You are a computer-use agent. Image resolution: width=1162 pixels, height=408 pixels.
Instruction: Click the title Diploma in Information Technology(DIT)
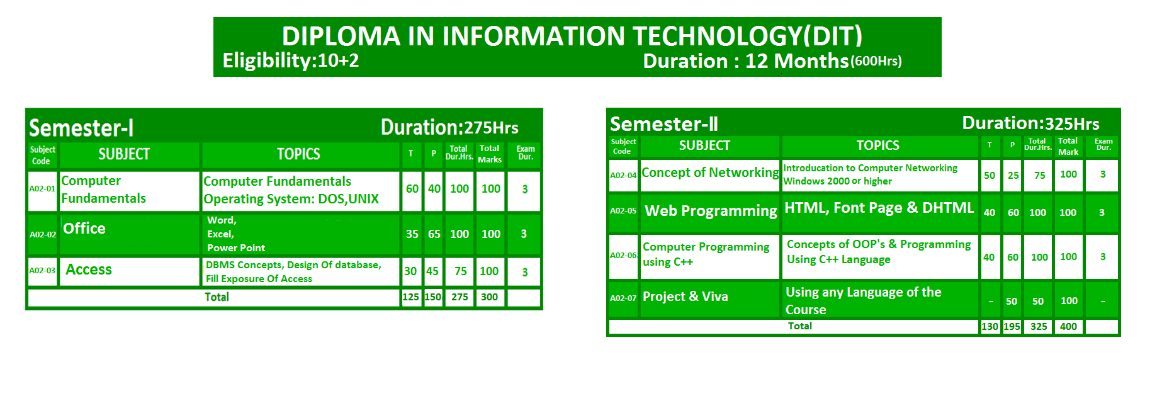point(572,36)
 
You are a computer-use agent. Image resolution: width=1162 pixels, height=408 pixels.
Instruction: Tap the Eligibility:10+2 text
point(291,60)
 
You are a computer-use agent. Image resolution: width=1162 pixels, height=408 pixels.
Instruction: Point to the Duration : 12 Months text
point(746,61)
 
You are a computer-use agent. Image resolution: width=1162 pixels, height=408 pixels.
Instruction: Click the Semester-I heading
point(81,128)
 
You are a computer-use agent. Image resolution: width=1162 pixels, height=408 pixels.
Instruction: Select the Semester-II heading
point(664,124)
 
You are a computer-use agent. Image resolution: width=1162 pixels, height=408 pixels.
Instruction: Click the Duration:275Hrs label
point(449,127)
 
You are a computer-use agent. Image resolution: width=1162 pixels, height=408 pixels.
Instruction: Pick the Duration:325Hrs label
point(1031,123)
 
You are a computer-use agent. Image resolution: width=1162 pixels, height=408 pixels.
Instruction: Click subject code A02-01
point(42,189)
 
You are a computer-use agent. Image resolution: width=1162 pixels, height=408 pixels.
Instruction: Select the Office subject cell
point(130,234)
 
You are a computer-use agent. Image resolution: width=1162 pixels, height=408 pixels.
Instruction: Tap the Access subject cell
point(130,271)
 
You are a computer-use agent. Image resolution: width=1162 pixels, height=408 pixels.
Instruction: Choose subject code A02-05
point(623,211)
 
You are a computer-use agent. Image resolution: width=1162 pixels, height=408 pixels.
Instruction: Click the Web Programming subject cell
point(710,212)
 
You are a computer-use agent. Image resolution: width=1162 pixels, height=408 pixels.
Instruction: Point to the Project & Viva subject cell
point(710,298)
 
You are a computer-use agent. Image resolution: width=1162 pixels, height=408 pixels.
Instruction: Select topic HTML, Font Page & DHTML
point(879,208)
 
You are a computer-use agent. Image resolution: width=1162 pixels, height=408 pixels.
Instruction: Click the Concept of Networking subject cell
point(710,175)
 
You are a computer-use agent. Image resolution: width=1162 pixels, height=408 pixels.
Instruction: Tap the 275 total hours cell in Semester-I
point(460,297)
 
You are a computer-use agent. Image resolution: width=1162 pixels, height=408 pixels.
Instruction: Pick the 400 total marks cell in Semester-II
point(1068,327)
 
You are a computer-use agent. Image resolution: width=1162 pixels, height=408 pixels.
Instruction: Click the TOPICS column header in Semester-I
point(299,154)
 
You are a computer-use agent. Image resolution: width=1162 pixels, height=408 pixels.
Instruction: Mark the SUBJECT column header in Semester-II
point(704,145)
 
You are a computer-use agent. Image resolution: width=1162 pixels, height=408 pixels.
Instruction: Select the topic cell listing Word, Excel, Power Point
point(300,234)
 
